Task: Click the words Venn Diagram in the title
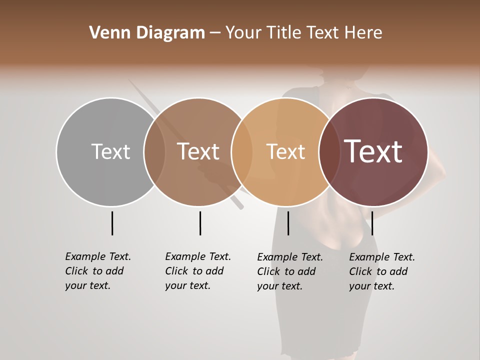(147, 33)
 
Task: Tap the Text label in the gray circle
(110, 151)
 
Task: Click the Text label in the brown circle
(198, 151)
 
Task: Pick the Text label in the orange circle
(285, 151)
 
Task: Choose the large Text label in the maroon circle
(373, 151)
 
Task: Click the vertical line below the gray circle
(112, 223)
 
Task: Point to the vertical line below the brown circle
(200, 223)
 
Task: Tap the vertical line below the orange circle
(288, 223)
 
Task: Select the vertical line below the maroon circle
(372, 223)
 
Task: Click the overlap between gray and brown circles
(154, 152)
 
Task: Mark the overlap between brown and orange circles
(242, 152)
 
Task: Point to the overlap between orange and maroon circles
(329, 152)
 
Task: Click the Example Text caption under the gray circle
(97, 271)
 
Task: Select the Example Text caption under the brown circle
(197, 271)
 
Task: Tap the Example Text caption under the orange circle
(289, 271)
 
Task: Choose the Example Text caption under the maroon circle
(381, 271)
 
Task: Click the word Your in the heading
(243, 33)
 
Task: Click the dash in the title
(215, 33)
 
